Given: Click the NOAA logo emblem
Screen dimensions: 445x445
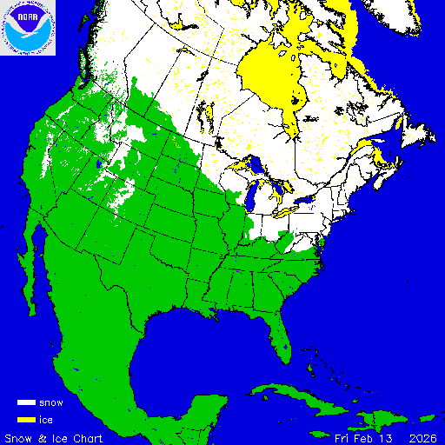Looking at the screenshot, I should coord(28,28).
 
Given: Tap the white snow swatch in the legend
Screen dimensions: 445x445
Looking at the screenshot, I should coord(26,403).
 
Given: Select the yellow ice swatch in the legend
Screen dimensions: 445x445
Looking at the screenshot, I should coord(26,419).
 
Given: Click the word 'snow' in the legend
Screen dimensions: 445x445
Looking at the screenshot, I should coord(51,403).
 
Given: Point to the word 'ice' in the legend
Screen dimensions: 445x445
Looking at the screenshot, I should coord(47,419).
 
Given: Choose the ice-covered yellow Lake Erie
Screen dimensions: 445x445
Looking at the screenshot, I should coord(288,211).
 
